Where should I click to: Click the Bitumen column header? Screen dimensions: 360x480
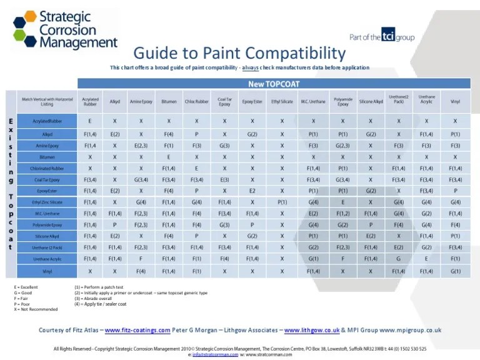point(169,101)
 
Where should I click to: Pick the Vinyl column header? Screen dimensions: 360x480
point(455,101)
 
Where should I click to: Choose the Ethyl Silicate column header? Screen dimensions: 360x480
point(282,101)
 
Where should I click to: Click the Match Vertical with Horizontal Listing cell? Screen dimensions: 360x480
point(47,101)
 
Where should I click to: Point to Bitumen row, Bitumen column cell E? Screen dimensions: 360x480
point(169,157)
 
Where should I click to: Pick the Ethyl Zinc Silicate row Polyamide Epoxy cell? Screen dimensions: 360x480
point(342,202)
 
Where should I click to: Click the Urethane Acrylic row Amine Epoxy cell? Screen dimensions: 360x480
point(141,259)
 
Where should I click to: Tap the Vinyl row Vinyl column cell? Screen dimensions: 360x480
point(455,272)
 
